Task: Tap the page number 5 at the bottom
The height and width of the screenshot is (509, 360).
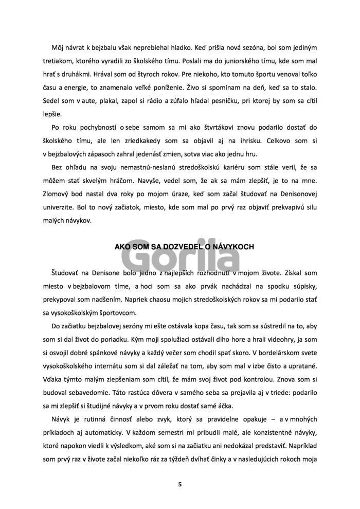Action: click(x=179, y=484)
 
